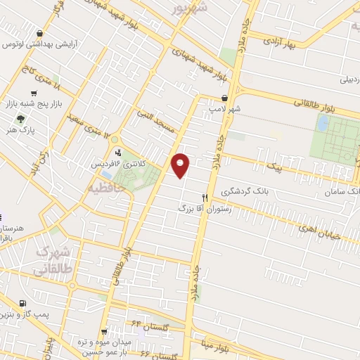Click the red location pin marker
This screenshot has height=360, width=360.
pos(181,165)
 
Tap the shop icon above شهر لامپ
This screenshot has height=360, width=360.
pos(224,98)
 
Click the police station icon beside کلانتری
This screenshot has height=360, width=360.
pos(117,152)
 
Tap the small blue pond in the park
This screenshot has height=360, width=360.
pos(323,124)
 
